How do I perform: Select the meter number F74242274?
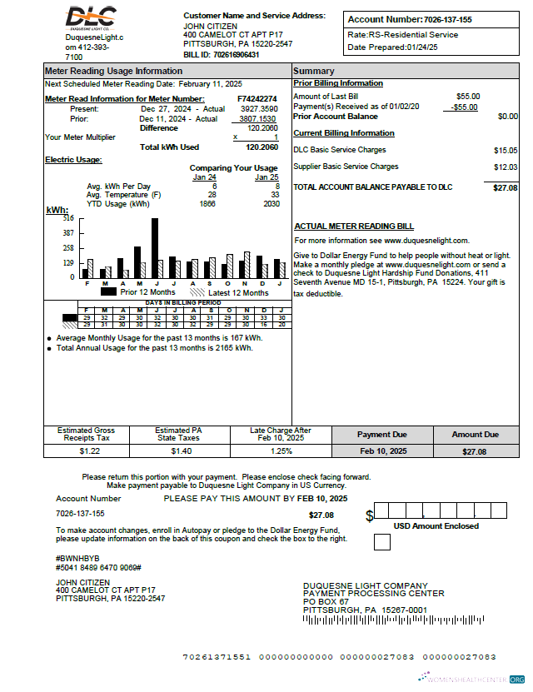point(257,99)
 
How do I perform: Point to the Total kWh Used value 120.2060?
point(262,147)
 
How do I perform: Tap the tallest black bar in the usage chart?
point(155,248)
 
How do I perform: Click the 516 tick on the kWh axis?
point(67,218)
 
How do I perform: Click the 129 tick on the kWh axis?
point(67,263)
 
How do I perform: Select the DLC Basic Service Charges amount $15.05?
point(505,151)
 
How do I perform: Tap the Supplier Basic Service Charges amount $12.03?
point(505,167)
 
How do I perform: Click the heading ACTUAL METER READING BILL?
point(354,227)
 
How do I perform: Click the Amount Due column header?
point(475,435)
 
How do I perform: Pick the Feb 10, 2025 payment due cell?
point(383,451)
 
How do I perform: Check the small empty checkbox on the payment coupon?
point(381,542)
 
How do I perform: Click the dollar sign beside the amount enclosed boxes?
point(369,515)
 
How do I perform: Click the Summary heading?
point(314,71)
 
